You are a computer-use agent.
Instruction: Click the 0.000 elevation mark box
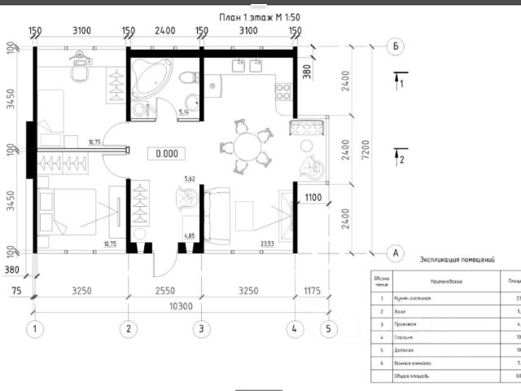point(167,153)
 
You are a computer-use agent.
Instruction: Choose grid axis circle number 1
point(34,329)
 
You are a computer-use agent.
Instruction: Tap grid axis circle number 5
point(328,329)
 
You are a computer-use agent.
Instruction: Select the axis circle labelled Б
point(395,46)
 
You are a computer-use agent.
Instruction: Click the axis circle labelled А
point(395,253)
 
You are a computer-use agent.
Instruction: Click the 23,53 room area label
point(266,243)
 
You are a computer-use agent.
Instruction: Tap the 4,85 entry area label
point(190,237)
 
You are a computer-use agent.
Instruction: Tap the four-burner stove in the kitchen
point(285,89)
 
